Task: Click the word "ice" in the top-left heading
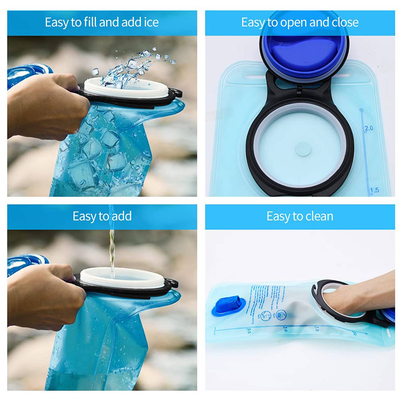[x=151, y=22]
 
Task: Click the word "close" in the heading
[x=345, y=22]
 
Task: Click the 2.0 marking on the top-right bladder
[x=369, y=128]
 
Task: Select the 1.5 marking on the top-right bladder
[x=375, y=190]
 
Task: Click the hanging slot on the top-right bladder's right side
[x=345, y=76]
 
